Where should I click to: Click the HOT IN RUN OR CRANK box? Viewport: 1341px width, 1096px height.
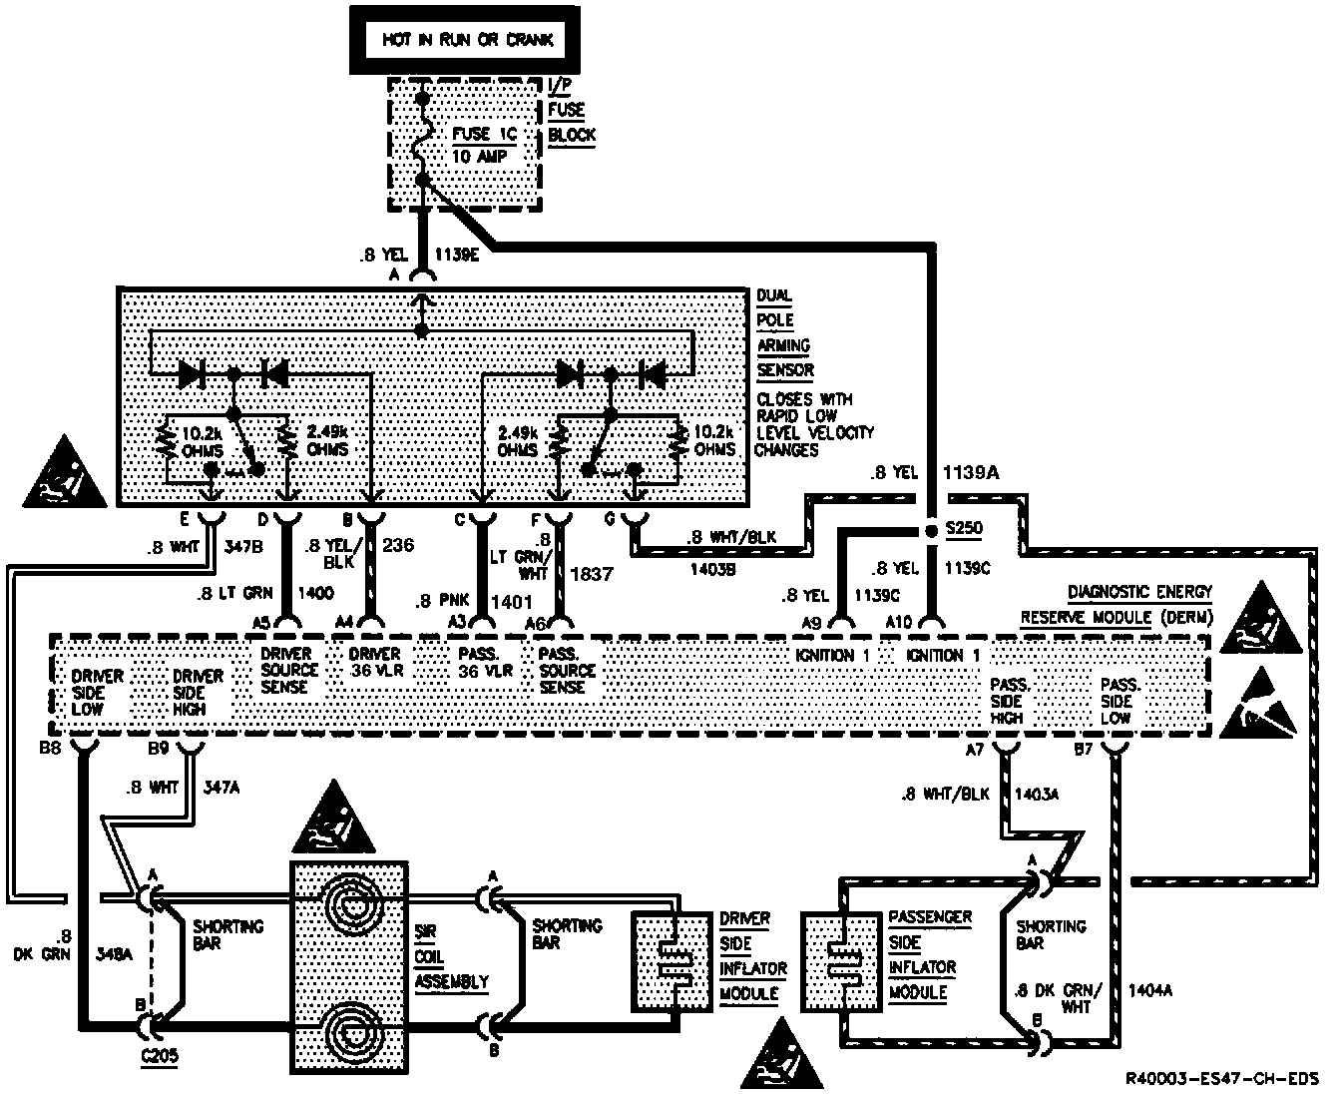(x=467, y=41)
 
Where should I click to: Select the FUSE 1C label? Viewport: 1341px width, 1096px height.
(x=484, y=135)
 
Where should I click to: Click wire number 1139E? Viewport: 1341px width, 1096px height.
(x=458, y=255)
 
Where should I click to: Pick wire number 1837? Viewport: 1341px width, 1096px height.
(x=592, y=574)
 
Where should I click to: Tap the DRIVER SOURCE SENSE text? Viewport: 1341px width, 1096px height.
(x=289, y=671)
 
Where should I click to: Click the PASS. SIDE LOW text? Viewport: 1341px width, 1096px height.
(x=1120, y=701)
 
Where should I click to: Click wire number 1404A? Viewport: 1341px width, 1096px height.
(x=1150, y=991)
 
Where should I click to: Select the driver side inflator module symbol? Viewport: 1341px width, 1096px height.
(x=668, y=959)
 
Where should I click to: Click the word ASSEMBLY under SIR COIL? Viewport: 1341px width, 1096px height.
(x=452, y=981)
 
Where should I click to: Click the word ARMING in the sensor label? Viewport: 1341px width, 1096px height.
(x=783, y=345)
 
